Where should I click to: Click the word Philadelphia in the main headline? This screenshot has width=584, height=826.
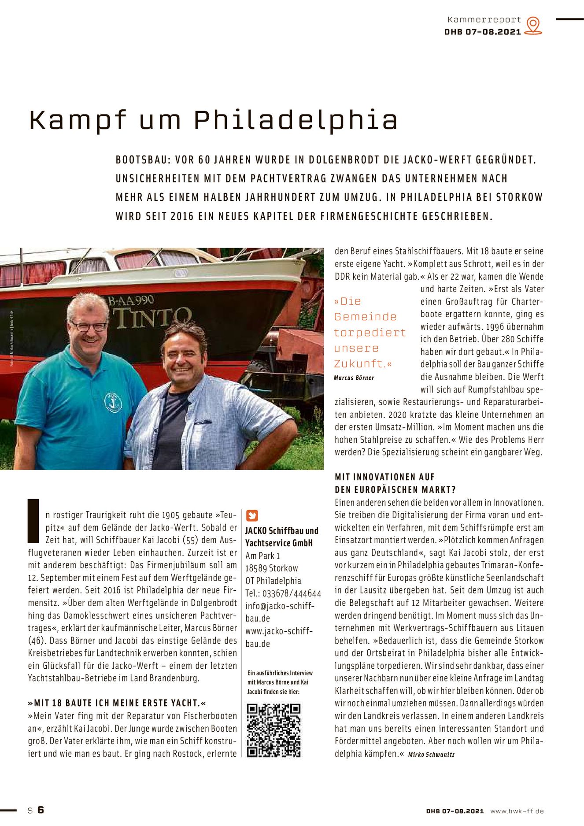coord(296,120)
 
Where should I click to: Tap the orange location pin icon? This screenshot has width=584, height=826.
coord(533,25)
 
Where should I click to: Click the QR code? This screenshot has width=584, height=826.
coord(274,730)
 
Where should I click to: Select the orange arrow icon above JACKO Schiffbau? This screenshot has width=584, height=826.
coord(252,515)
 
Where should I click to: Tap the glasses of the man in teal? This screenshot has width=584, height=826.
coord(89,326)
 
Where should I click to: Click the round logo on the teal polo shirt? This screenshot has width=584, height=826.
coord(113,402)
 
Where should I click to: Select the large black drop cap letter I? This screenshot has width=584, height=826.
coord(33,521)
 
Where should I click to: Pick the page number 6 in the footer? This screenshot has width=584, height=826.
coord(41,810)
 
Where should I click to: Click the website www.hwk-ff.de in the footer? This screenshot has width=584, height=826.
coord(517,811)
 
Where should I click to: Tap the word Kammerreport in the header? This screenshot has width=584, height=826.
coord(484,20)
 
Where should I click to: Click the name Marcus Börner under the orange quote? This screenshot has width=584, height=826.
coord(354,378)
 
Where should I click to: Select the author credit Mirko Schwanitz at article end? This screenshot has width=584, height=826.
coord(431,755)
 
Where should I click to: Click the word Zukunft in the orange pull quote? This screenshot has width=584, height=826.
coord(359,364)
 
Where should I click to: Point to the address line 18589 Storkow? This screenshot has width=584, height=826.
coord(271,568)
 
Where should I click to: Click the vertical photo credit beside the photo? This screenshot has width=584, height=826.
coord(12,338)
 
